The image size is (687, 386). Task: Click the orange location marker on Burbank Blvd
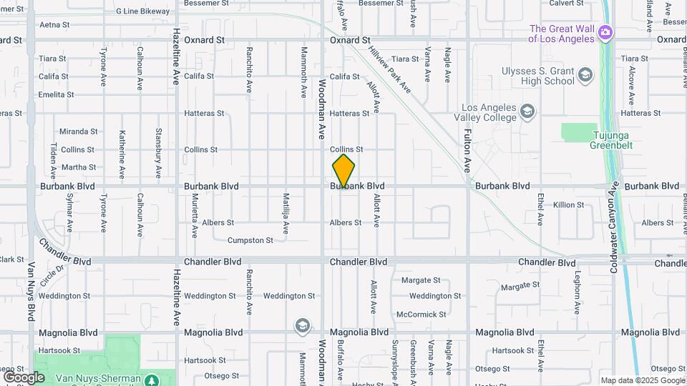tap(343, 171)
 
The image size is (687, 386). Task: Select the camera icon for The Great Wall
tap(605, 32)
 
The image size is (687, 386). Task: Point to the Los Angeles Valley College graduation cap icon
tap(527, 111)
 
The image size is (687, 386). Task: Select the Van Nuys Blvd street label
tap(31, 292)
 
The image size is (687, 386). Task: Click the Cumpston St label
tap(250, 241)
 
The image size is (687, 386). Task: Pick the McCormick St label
tap(422, 315)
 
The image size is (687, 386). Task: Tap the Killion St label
tap(569, 205)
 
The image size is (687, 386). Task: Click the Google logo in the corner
tap(24, 377)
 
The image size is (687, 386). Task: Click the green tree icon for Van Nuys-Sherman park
tap(152, 380)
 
